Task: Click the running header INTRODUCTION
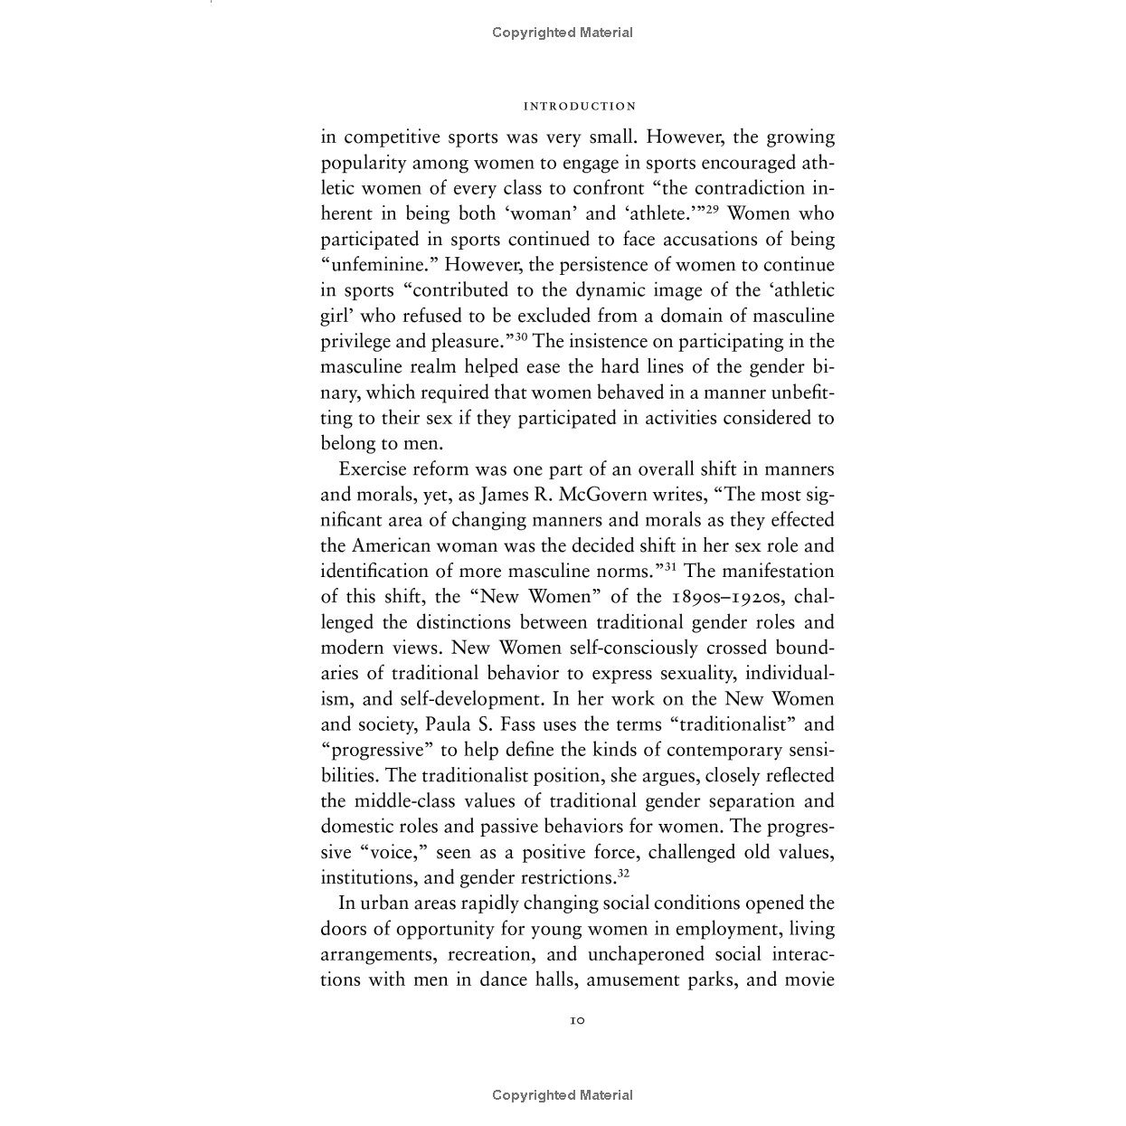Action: tap(580, 107)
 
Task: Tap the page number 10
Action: tap(578, 1020)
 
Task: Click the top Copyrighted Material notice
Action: tap(563, 33)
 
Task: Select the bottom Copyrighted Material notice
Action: tap(563, 1095)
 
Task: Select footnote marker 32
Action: tap(623, 873)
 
